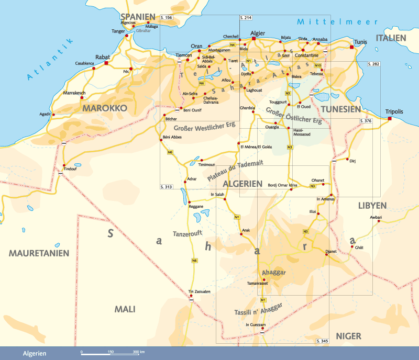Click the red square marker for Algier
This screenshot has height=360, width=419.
pos(253,38)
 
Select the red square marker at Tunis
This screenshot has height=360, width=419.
pos(352,47)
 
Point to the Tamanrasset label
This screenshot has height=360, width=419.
pos(257,283)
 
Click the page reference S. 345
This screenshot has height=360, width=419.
pos(322,341)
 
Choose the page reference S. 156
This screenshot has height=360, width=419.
pos(167,18)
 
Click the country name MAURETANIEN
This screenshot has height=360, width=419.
pos(39,253)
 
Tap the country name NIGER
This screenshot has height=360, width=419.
pos(349,336)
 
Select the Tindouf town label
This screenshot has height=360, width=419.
pos(70,169)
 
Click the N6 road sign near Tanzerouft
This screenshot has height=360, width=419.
pos(194,260)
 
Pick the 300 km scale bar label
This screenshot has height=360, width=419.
pos(138,352)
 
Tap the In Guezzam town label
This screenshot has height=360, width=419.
pos(256,324)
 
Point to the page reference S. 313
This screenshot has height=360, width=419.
pos(166,186)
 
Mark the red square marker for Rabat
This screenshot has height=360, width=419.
pos(106,63)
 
